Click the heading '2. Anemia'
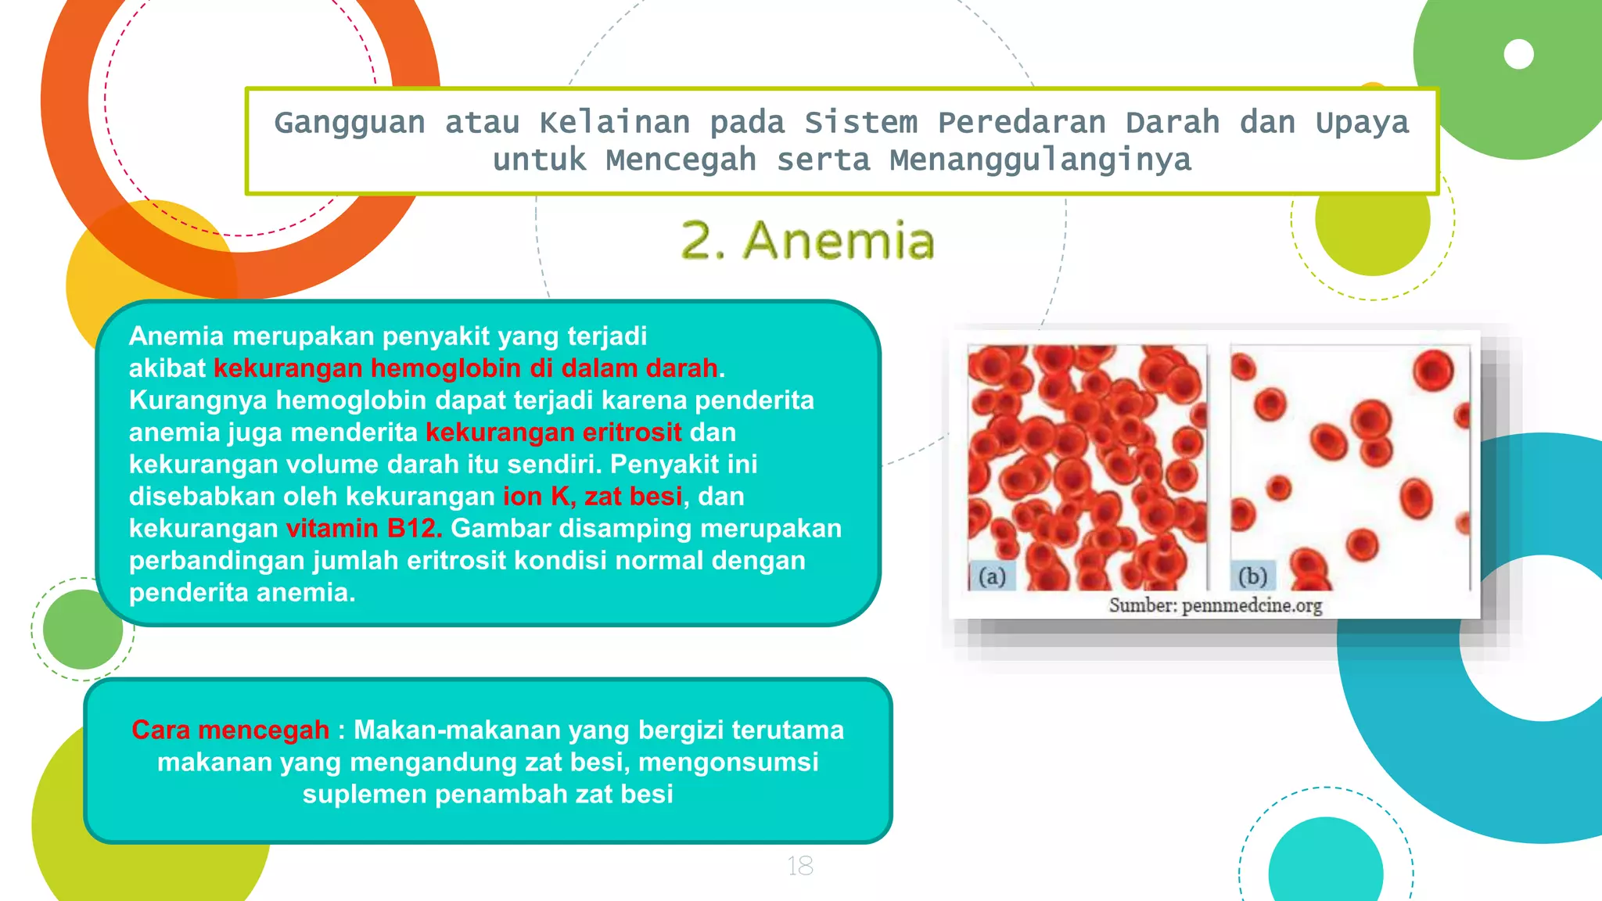point(807,240)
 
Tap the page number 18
point(799,866)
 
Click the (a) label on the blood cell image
point(992,576)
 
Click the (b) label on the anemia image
point(1252,576)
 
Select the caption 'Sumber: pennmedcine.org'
point(1215,605)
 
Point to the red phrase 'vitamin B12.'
point(364,529)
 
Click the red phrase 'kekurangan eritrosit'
point(553,433)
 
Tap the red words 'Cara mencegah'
point(230,730)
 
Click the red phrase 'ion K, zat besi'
point(592,497)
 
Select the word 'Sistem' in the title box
point(860,123)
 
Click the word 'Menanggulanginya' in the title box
point(1040,160)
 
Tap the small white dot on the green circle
point(1518,55)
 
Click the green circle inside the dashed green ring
point(82,630)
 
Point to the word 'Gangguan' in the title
point(350,123)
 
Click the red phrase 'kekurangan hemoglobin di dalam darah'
point(465,368)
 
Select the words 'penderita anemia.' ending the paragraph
point(242,593)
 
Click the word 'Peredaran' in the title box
point(1022,123)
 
